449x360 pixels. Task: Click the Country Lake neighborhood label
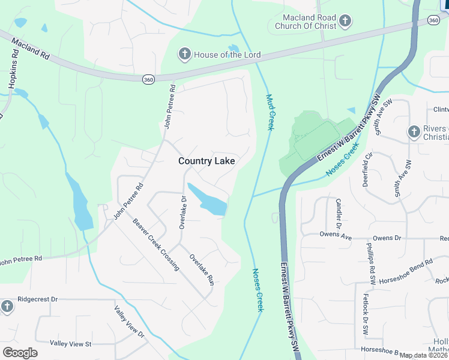pyautogui.click(x=206, y=161)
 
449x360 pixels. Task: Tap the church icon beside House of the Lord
pyautogui.click(x=185, y=55)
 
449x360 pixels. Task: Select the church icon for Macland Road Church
pyautogui.click(x=345, y=22)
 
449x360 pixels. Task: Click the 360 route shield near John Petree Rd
pyautogui.click(x=148, y=79)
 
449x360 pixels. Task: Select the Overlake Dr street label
pyautogui.click(x=183, y=212)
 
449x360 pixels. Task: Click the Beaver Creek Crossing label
pyautogui.click(x=156, y=244)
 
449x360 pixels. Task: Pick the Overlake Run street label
pyautogui.click(x=202, y=269)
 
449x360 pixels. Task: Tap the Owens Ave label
pyautogui.click(x=336, y=235)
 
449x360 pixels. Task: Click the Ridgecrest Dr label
pyautogui.click(x=37, y=299)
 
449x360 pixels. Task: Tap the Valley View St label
pyautogui.click(x=70, y=344)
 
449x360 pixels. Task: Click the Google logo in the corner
pyautogui.click(x=20, y=352)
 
